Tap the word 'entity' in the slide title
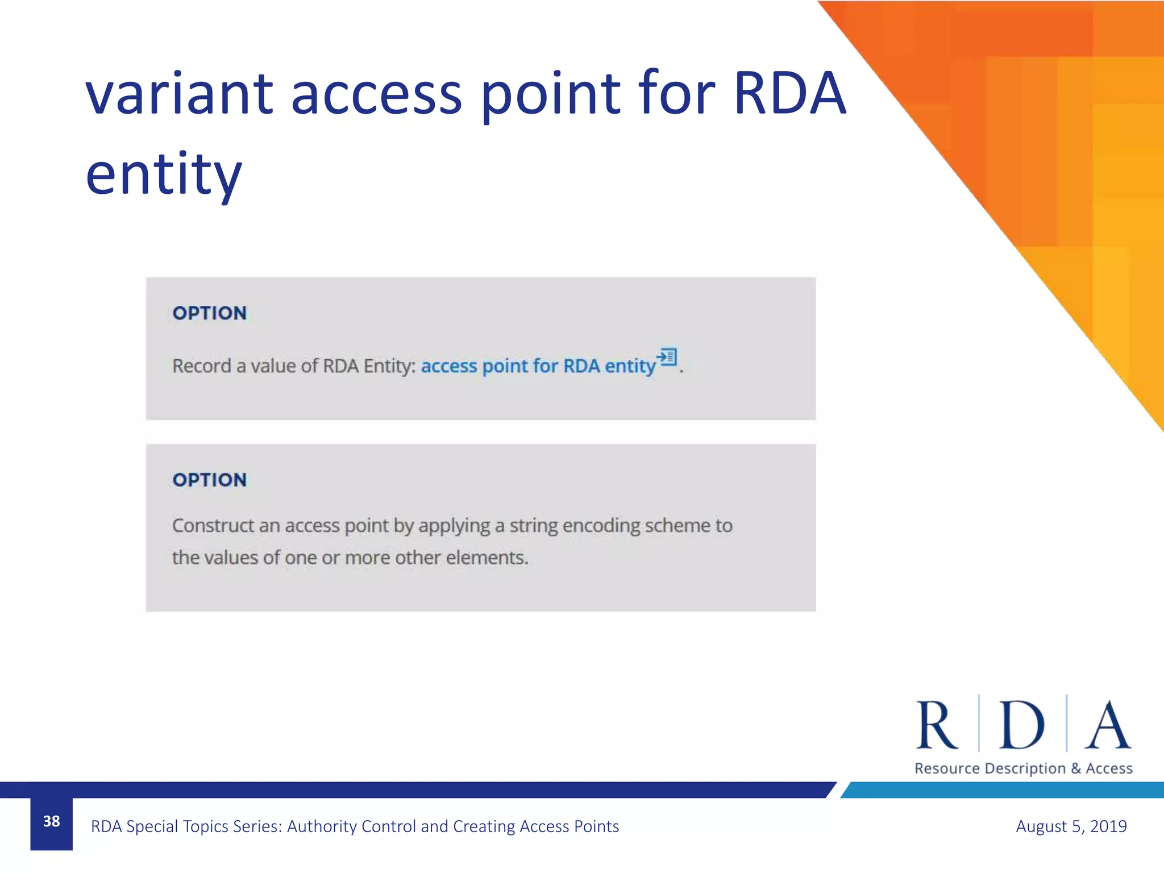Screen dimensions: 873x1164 click(x=164, y=174)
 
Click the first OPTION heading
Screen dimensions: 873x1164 click(x=210, y=313)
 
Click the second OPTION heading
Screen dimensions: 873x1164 click(x=210, y=480)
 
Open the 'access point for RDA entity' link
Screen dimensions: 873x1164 click(x=538, y=366)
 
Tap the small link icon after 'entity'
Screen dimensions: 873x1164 click(x=667, y=357)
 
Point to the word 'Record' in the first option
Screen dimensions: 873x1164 click(x=201, y=366)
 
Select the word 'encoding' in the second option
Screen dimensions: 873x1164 click(x=600, y=526)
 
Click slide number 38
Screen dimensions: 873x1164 click(x=52, y=821)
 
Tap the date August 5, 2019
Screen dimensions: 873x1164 click(x=1071, y=826)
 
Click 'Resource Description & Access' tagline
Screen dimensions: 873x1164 click(x=1023, y=768)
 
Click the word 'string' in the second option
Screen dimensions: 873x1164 click(x=533, y=526)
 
